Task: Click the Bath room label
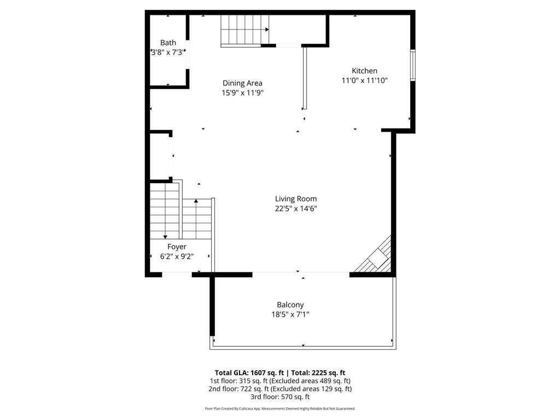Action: [168, 43]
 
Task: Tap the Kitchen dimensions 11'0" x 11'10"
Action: [364, 80]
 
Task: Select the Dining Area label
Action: [242, 83]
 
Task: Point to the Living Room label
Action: [296, 199]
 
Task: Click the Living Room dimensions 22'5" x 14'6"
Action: [296, 208]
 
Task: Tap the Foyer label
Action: [177, 247]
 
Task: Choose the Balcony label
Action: [290, 305]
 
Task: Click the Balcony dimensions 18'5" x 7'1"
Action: [290, 314]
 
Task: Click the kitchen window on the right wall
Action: [413, 66]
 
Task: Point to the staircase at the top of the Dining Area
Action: [244, 31]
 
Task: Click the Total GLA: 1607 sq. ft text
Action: [249, 373]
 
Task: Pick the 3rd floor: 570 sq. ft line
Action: [280, 397]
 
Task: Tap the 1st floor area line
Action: [280, 381]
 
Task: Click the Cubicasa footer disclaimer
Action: [280, 409]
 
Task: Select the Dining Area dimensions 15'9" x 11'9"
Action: [242, 93]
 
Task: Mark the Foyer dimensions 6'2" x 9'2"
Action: [177, 256]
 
